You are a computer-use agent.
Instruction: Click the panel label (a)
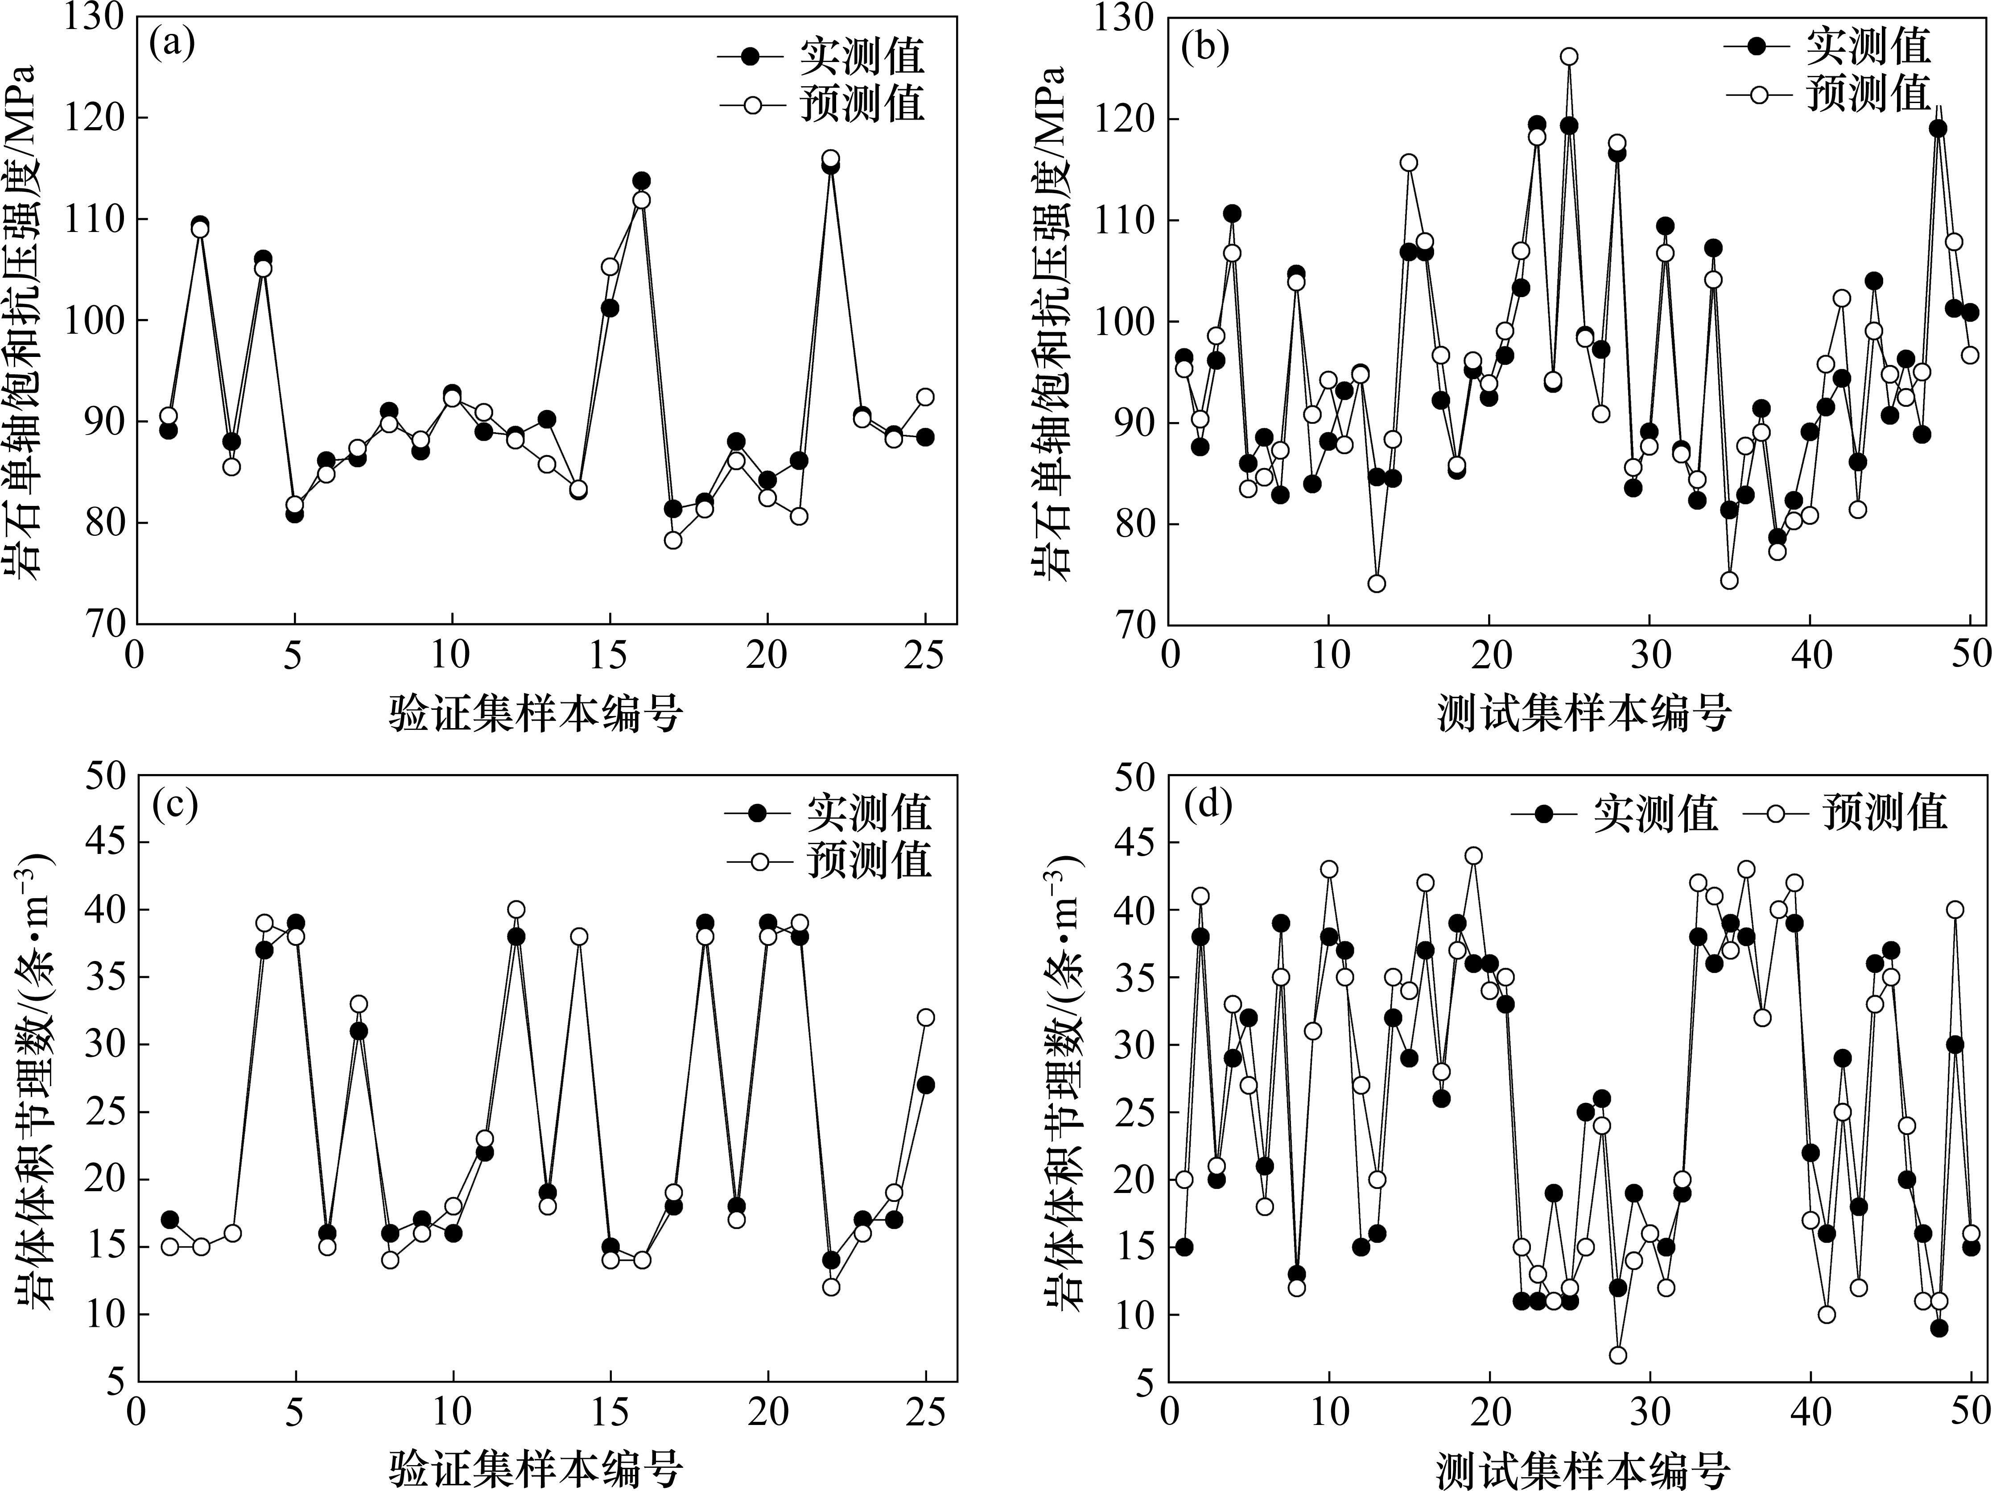coord(173,43)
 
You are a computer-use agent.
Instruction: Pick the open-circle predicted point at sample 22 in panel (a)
coord(830,158)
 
